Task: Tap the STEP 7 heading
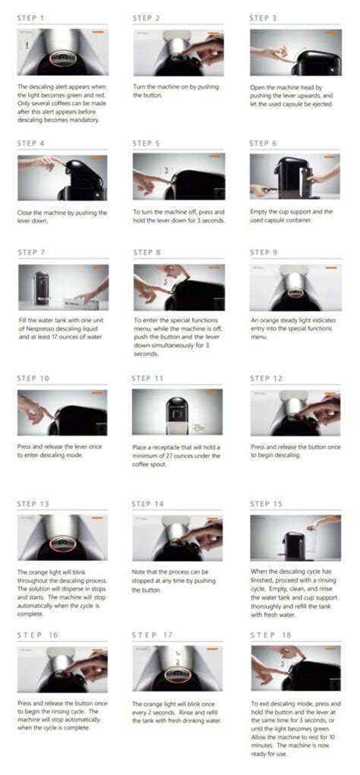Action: click(x=31, y=252)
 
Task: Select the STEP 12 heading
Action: click(x=267, y=378)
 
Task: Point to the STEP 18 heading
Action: click(x=272, y=635)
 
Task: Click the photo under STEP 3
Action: click(x=295, y=52)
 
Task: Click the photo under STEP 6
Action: click(x=295, y=178)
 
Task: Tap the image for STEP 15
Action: click(x=295, y=538)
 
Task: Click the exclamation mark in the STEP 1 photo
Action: click(x=27, y=46)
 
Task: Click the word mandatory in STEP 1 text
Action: click(x=83, y=120)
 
